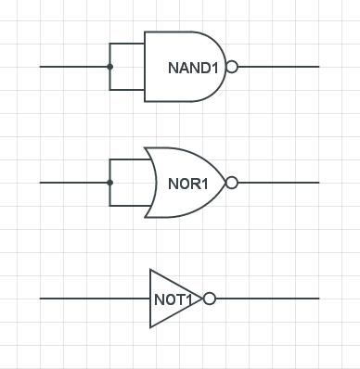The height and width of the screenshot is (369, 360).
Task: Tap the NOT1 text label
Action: pyautogui.click(x=174, y=299)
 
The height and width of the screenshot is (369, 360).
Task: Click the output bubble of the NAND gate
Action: pyautogui.click(x=232, y=67)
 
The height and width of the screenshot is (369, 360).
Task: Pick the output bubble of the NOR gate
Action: pyautogui.click(x=232, y=183)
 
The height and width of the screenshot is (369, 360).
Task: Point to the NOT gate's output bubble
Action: pyautogui.click(x=210, y=299)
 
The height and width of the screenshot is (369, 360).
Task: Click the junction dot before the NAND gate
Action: pyautogui.click(x=109, y=67)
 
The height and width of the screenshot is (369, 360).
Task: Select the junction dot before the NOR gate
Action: pyautogui.click(x=109, y=183)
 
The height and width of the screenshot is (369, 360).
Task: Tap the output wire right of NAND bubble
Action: pyautogui.click(x=278, y=67)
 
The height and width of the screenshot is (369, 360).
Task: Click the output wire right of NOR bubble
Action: pyautogui.click(x=278, y=183)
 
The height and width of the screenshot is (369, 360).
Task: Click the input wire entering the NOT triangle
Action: pyautogui.click(x=93, y=299)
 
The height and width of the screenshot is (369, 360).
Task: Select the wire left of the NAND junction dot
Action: pyautogui.click(x=74, y=67)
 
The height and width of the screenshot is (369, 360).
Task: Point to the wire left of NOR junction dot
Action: pyautogui.click(x=74, y=183)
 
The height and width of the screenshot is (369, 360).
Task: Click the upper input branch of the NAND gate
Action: pyautogui.click(x=127, y=44)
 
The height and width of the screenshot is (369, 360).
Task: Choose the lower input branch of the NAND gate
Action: pyautogui.click(x=127, y=90)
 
